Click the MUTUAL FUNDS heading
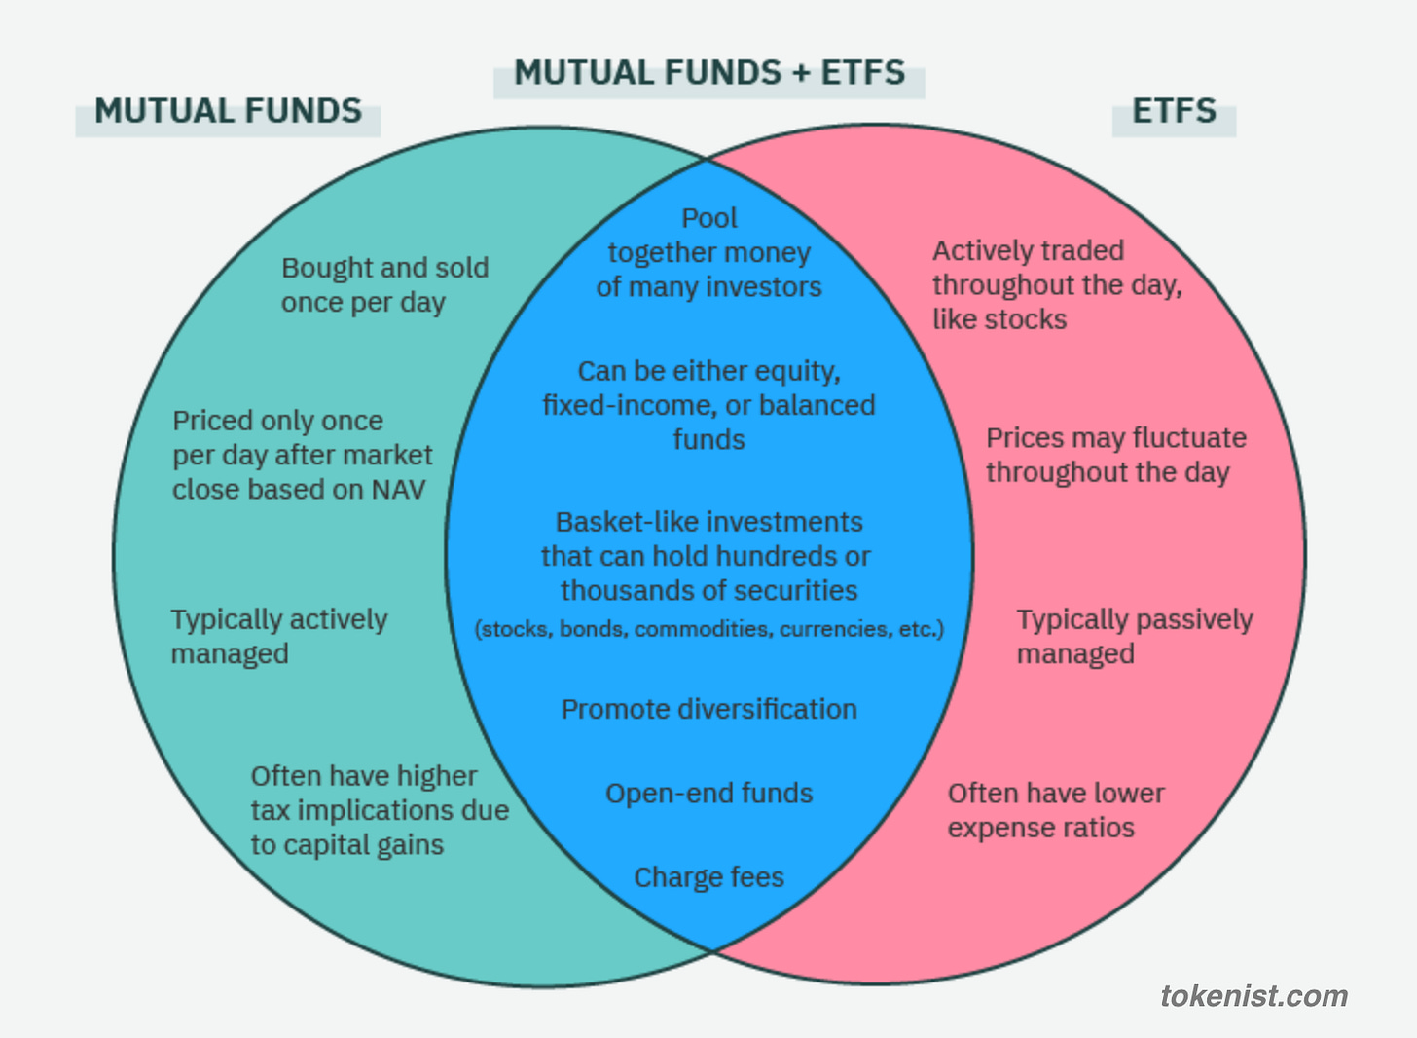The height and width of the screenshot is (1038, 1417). [x=228, y=111]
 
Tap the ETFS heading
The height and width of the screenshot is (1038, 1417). [x=1174, y=111]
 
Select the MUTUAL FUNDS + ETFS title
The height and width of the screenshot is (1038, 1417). [x=709, y=73]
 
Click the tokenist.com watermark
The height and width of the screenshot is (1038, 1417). [x=1253, y=996]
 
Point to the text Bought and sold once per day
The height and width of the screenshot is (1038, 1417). [x=384, y=285]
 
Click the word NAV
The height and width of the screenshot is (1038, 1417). [x=399, y=490]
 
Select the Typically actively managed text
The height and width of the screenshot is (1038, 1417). [x=279, y=637]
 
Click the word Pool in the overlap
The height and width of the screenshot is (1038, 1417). [x=709, y=218]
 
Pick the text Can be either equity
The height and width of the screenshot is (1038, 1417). [x=708, y=372]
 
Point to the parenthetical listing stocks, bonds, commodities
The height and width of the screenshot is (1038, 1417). [x=708, y=629]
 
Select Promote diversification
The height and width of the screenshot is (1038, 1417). [x=708, y=709]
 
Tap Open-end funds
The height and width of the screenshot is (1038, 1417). [x=708, y=794]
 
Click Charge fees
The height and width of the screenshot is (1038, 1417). [x=708, y=877]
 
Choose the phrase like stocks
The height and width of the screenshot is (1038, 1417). [x=999, y=319]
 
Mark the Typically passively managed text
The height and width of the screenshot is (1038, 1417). [x=1135, y=637]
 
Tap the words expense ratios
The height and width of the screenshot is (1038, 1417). [x=1041, y=828]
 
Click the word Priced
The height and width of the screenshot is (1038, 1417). [x=208, y=421]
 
